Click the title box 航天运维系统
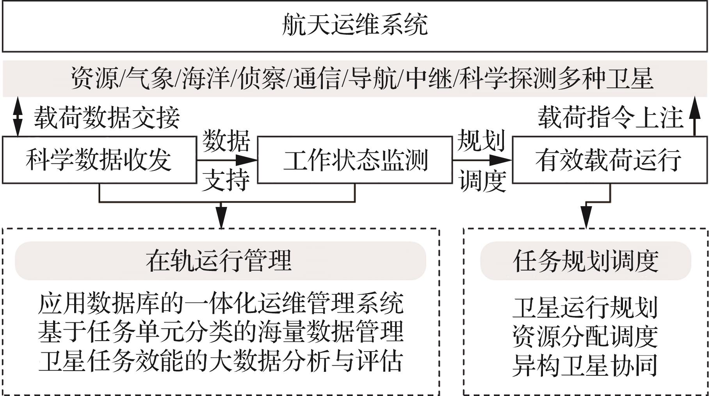tap(354, 26)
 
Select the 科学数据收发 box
tap(99, 160)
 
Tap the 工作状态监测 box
tap(354, 160)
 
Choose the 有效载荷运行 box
tap(609, 160)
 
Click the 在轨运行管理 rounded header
tap(220, 261)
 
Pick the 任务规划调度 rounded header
tap(585, 261)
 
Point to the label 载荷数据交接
tap(107, 118)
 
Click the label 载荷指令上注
tap(610, 118)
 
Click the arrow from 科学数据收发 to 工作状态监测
tap(226, 160)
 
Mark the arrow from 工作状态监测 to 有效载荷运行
tap(482, 160)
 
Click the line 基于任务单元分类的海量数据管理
tap(221, 332)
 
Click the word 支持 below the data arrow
tap(226, 180)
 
